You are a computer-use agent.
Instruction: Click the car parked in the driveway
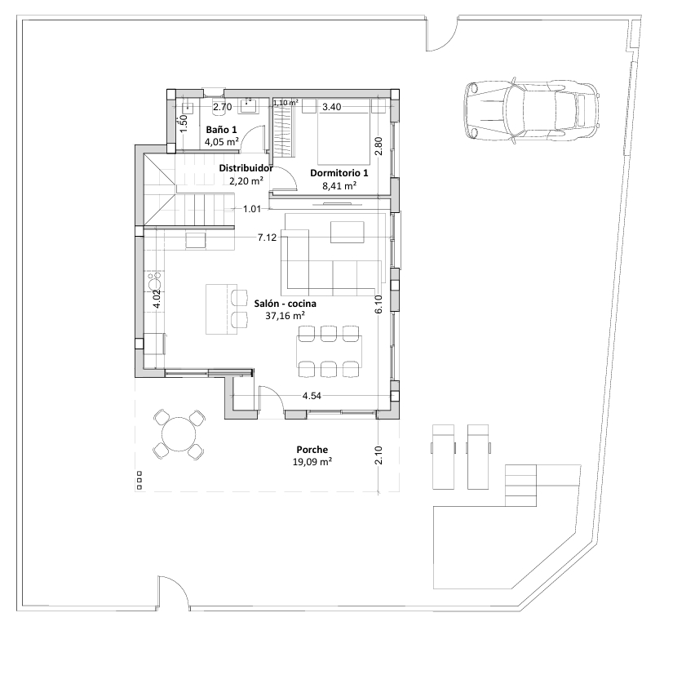(532, 110)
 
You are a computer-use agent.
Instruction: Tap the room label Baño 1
(221, 130)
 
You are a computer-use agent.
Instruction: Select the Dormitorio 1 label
(339, 173)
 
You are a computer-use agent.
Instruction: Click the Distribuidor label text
(246, 168)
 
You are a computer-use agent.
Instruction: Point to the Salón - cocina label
(285, 304)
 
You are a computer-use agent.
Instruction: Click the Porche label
(312, 450)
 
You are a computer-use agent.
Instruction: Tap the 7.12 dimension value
(268, 238)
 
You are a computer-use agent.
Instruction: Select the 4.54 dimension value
(312, 396)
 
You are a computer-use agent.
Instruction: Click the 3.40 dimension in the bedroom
(331, 107)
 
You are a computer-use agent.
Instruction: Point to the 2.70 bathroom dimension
(223, 107)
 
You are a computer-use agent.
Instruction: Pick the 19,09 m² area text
(312, 462)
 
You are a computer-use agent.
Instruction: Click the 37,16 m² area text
(285, 316)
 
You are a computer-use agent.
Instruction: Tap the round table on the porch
(179, 434)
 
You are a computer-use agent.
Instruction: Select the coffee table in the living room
(347, 232)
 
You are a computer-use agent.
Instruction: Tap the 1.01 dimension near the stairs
(252, 209)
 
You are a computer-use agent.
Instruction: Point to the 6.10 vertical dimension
(378, 304)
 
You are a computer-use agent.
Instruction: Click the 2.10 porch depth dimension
(378, 455)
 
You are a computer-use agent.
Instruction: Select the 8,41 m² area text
(339, 186)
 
